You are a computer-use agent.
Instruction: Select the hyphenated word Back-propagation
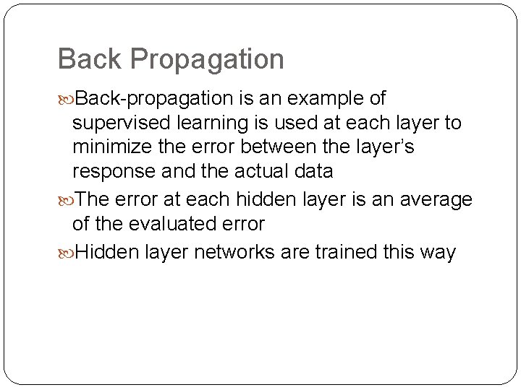point(154,98)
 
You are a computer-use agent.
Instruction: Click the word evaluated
point(173,224)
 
